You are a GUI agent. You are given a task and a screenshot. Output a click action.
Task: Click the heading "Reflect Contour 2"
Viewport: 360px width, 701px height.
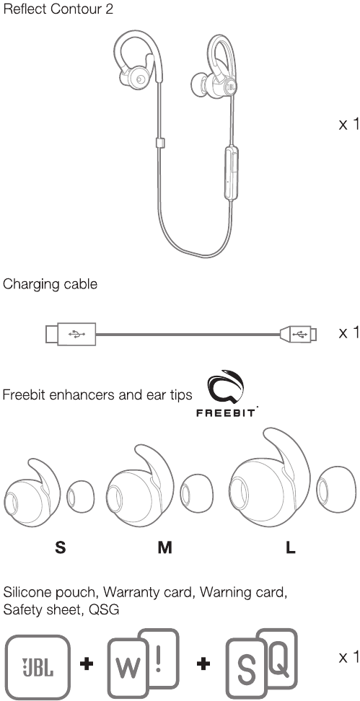click(x=58, y=9)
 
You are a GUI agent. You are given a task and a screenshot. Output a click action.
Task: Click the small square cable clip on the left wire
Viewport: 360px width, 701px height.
click(x=160, y=143)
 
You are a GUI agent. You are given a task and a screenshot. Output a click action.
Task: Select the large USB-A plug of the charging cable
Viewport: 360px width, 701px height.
click(x=70, y=333)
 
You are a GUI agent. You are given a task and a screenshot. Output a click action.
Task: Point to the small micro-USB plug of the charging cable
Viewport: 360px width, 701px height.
click(x=298, y=333)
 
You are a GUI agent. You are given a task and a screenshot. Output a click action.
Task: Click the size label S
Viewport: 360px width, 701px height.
click(x=60, y=547)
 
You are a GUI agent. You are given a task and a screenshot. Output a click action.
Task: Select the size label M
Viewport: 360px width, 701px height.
click(x=164, y=547)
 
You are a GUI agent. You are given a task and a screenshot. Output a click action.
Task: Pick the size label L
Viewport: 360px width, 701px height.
click(x=290, y=547)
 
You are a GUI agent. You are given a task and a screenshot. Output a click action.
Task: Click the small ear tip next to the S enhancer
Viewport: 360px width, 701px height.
click(x=81, y=496)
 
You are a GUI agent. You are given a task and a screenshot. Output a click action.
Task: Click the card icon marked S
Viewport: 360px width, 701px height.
click(x=246, y=669)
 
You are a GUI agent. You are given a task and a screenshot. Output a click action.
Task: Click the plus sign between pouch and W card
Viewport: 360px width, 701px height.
click(x=87, y=664)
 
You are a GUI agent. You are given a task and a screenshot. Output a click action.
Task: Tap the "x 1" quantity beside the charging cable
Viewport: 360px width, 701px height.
click(x=349, y=332)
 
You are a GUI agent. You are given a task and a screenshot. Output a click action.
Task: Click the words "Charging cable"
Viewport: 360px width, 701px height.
click(x=50, y=284)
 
